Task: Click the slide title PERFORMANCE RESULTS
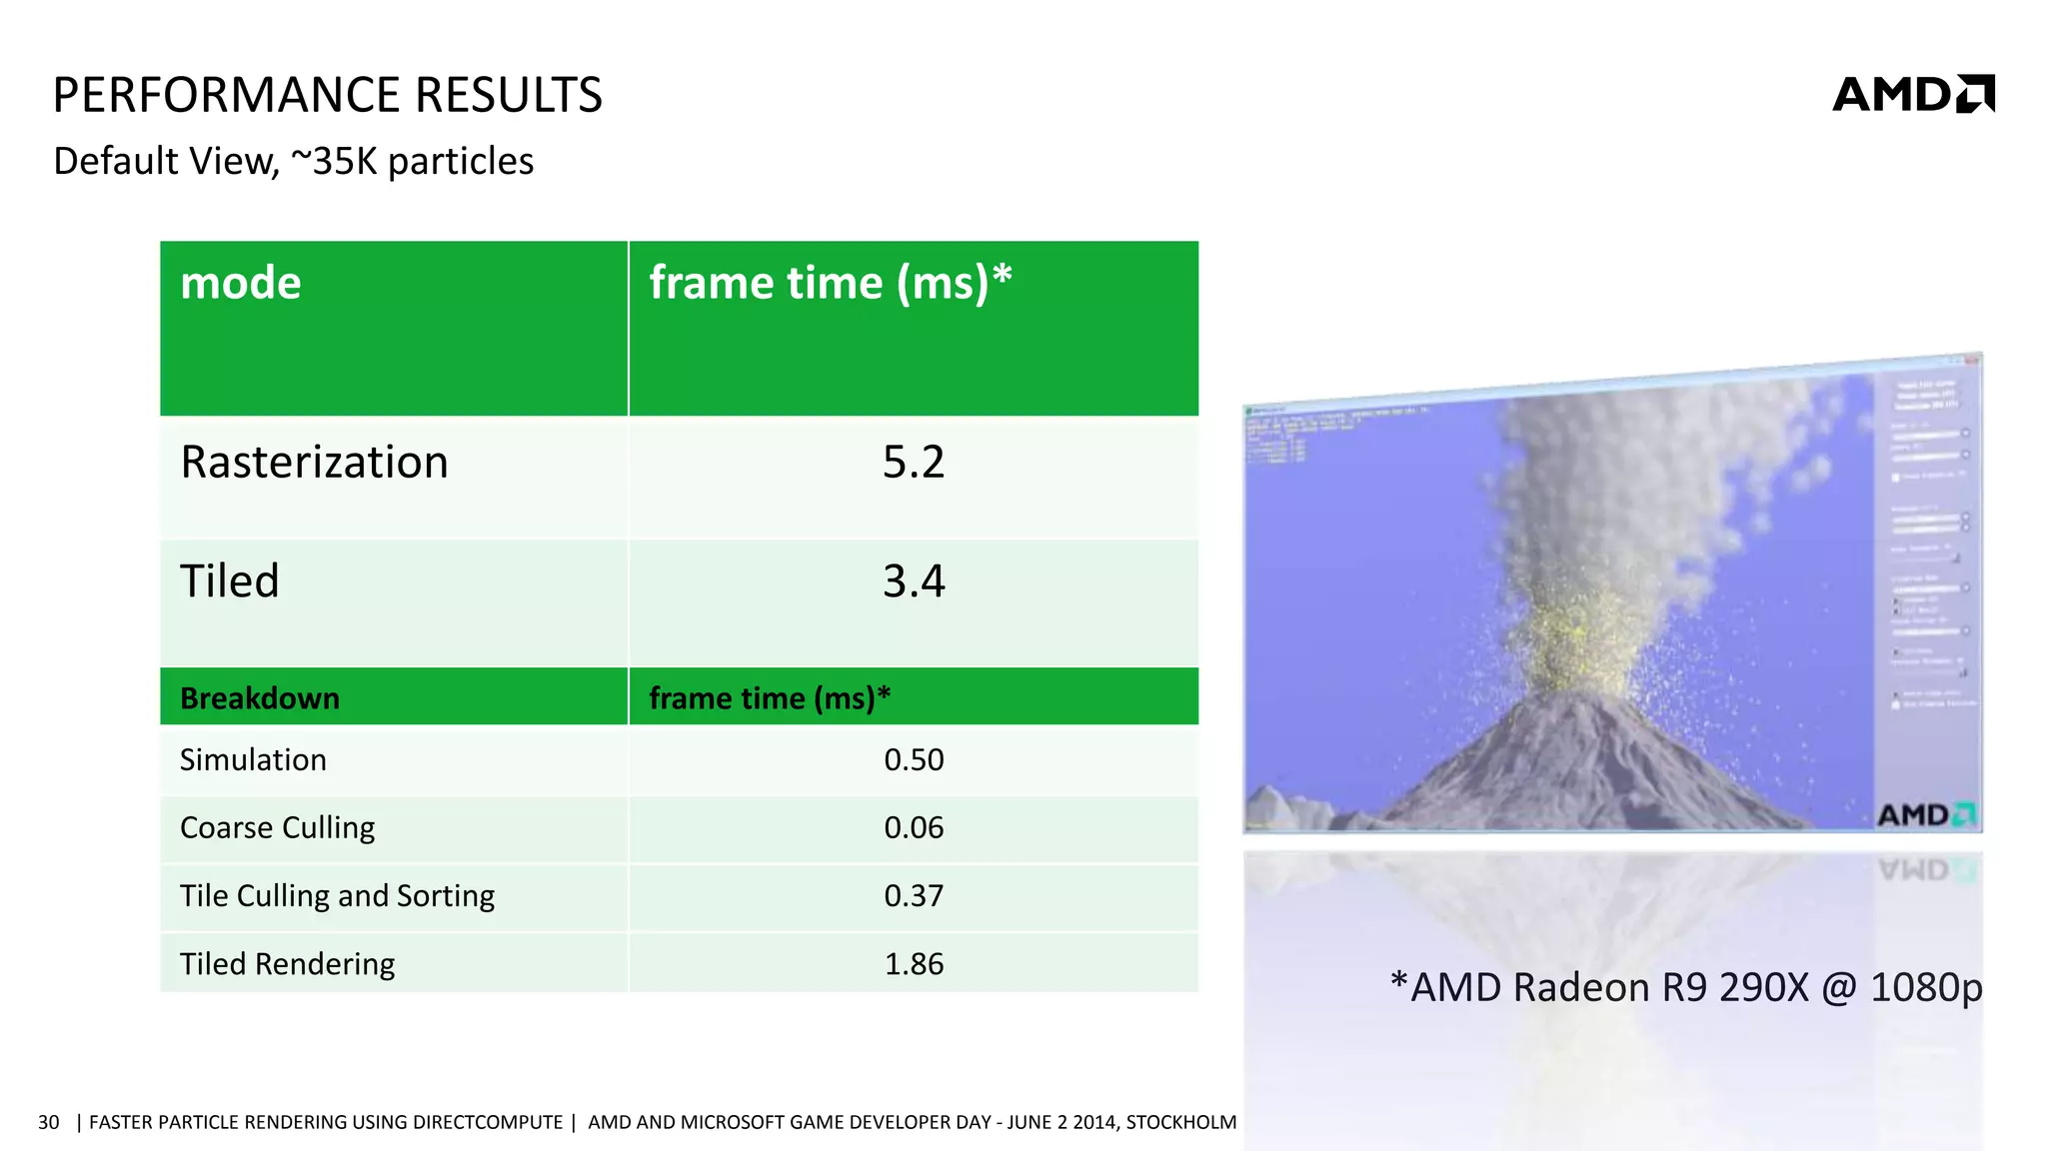coord(327,95)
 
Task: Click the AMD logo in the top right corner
coord(1912,94)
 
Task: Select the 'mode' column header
coord(241,283)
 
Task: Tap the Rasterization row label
coord(314,463)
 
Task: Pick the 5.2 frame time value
coord(913,463)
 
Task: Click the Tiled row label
coord(230,581)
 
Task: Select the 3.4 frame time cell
coord(913,581)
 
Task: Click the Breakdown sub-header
coord(260,697)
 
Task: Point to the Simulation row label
coord(253,760)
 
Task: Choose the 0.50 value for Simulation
coord(913,760)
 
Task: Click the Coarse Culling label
coord(277,828)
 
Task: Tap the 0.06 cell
coord(913,828)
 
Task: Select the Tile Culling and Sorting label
coord(337,896)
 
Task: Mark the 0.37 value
coord(913,896)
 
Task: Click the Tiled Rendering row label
coord(287,964)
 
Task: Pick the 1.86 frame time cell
coord(913,964)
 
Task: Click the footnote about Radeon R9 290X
coord(1685,987)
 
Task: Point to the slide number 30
coord(49,1122)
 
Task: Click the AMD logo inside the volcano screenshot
coord(1925,815)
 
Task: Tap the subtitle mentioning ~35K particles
coord(293,161)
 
